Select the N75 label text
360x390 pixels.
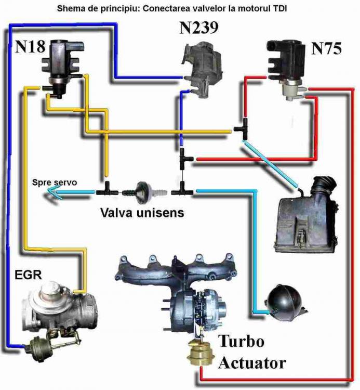326,49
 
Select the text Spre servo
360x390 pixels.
55,182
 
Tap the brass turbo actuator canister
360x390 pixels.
201,353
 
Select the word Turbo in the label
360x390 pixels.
241,342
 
